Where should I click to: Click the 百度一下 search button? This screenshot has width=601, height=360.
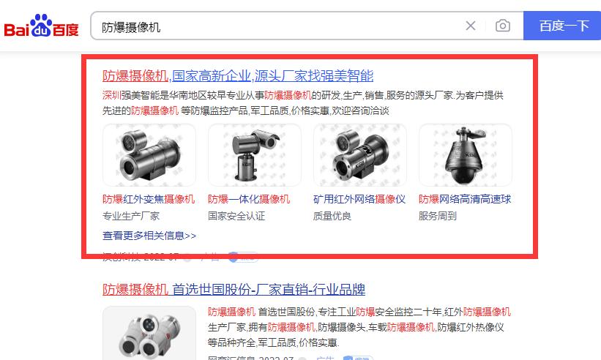(x=563, y=26)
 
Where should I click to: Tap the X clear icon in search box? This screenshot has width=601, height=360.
(x=471, y=26)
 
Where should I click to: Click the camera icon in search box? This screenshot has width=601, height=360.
(x=502, y=26)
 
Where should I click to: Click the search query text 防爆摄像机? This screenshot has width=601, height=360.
(x=131, y=27)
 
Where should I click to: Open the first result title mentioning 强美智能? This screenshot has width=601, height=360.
(x=238, y=75)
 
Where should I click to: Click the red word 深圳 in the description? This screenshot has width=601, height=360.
(x=111, y=95)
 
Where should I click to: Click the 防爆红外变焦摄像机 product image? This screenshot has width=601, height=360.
(x=149, y=154)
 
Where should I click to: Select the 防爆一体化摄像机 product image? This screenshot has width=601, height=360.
(x=254, y=154)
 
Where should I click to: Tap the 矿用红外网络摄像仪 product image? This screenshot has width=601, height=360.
(x=359, y=154)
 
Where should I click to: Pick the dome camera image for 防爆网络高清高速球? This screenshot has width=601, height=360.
(x=465, y=154)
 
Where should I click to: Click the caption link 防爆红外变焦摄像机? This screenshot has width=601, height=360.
(x=149, y=199)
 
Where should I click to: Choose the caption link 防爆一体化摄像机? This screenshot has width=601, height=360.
(x=249, y=199)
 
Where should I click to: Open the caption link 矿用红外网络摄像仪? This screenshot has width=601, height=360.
(x=359, y=199)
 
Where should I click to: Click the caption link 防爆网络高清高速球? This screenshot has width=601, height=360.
(x=465, y=199)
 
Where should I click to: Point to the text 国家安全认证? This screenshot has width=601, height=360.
(x=236, y=216)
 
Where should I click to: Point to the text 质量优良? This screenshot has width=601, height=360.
(x=332, y=216)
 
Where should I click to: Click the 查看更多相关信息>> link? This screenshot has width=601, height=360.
(x=149, y=236)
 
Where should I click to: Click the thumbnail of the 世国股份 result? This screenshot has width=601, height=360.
(x=149, y=333)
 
